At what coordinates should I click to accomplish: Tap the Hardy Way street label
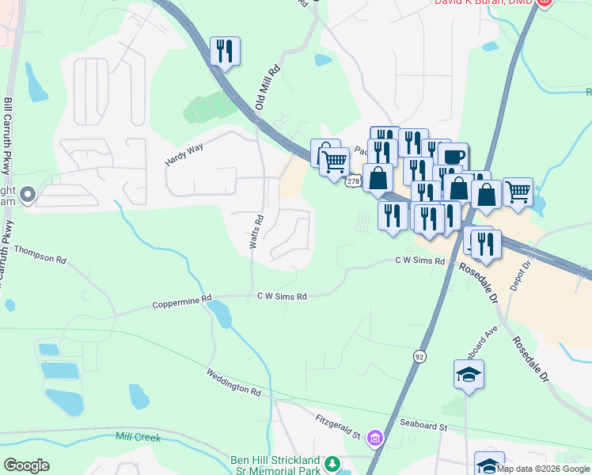coord(184,150)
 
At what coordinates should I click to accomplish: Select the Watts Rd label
coord(256,231)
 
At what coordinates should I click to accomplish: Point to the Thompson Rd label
coord(40,253)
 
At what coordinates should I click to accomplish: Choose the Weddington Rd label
coord(233,382)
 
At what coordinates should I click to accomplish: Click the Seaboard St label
coord(423,426)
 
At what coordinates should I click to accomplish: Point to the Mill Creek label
coord(139,437)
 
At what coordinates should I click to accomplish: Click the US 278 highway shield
coord(353,181)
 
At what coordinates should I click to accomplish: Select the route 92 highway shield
coord(417,357)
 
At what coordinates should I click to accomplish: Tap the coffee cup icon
coord(453,156)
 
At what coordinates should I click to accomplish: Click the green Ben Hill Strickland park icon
coord(333,462)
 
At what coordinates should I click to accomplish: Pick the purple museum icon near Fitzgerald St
coord(375,437)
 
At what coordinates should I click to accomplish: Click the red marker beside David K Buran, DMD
coord(544,3)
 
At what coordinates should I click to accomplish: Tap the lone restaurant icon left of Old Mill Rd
coord(225,51)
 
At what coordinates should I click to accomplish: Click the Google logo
coord(26,465)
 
